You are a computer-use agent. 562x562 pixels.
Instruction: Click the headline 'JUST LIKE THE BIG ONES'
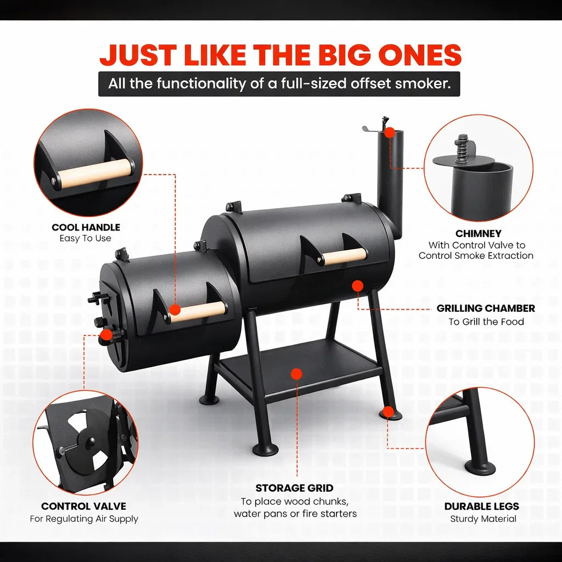280,55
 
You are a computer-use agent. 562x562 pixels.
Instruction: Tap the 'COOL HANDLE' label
86,227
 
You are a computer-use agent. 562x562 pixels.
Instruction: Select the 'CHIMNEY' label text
478,234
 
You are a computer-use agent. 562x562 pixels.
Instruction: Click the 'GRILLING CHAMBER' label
486,308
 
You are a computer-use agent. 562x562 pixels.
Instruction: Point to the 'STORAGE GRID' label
294,488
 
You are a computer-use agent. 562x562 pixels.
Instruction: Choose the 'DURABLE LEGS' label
482,506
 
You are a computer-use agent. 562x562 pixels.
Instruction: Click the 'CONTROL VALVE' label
84,506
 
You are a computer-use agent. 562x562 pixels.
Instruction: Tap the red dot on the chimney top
390,132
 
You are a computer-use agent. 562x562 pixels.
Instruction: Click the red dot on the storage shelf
296,374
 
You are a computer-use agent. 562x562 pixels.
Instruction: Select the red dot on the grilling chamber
357,285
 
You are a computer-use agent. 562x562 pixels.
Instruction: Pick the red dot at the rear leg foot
389,411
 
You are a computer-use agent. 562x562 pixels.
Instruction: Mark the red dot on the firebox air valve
106,334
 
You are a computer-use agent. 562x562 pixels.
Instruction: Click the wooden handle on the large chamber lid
344,256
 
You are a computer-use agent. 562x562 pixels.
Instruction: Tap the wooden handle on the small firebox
198,311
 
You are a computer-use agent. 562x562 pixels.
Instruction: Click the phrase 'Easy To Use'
86,238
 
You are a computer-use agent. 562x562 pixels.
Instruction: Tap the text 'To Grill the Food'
486,322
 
